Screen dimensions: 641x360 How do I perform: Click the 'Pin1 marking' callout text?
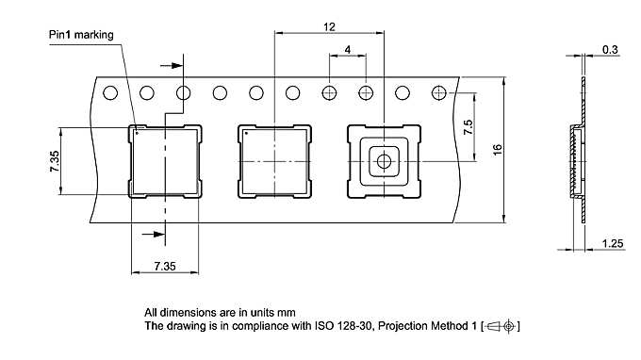click(81, 35)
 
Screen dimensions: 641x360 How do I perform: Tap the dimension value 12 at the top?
click(329, 27)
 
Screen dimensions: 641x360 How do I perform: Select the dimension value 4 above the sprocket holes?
click(348, 50)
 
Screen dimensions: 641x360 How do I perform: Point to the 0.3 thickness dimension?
click(610, 50)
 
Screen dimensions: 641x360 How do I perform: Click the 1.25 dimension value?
click(613, 244)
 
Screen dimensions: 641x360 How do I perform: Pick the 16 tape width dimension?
click(497, 150)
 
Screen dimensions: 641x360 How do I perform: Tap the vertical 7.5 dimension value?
click(468, 127)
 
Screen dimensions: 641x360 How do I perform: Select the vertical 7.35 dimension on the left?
click(55, 161)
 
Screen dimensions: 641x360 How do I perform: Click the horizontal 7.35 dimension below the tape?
click(165, 267)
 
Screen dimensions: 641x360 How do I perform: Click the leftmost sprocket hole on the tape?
click(110, 93)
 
